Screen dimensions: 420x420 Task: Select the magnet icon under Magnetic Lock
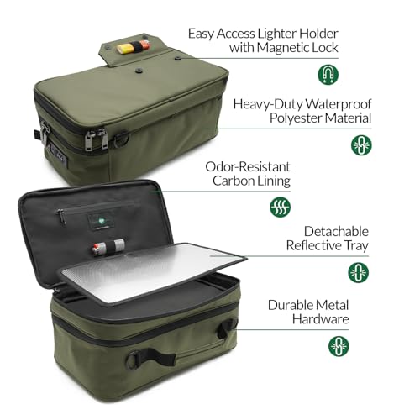pos(328,76)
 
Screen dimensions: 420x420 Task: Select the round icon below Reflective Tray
pos(358,272)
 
